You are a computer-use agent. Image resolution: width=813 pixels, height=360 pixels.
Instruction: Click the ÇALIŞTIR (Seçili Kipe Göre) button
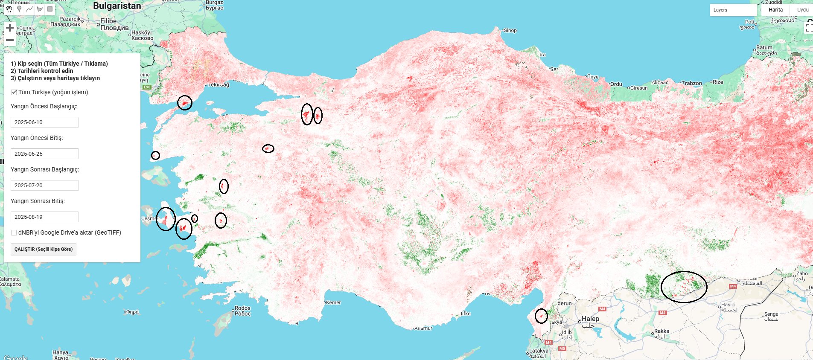click(43, 249)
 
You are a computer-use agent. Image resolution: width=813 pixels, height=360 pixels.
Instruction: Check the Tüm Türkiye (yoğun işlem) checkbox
click(14, 92)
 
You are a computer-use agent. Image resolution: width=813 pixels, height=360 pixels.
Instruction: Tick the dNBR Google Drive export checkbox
click(14, 232)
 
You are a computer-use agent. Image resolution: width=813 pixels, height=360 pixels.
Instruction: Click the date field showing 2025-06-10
click(44, 122)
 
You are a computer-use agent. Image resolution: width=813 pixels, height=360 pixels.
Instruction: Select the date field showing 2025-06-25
click(44, 154)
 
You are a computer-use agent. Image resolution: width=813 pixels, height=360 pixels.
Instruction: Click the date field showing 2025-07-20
click(44, 185)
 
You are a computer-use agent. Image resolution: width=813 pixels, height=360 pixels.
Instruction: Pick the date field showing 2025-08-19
click(44, 217)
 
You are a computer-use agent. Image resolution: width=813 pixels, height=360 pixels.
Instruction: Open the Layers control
click(733, 10)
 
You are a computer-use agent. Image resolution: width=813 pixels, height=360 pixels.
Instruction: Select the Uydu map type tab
click(802, 10)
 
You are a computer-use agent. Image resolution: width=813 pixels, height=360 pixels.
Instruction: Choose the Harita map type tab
click(775, 10)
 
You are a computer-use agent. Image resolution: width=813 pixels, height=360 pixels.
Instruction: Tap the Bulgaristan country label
click(117, 6)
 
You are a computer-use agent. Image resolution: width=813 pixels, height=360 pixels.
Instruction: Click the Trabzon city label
click(691, 83)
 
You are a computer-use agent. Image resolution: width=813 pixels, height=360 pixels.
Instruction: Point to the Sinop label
click(510, 30)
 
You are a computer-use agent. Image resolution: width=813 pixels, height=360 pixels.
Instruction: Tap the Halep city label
click(590, 319)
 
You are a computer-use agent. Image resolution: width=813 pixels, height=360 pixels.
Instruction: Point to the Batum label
click(764, 48)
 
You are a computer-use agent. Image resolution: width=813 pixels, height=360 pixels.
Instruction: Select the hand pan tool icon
click(9, 9)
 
